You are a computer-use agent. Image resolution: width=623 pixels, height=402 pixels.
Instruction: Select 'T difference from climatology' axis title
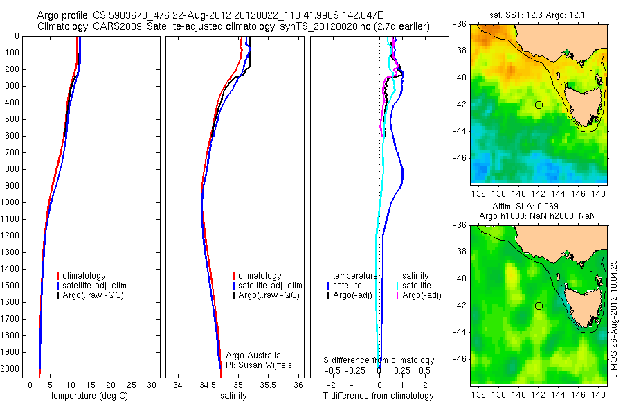[379, 396]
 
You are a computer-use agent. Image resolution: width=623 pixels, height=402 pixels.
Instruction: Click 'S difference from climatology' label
[379, 360]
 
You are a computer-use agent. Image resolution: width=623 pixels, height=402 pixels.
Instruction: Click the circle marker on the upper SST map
[539, 105]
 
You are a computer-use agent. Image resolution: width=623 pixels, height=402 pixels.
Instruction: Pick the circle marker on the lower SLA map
[539, 306]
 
